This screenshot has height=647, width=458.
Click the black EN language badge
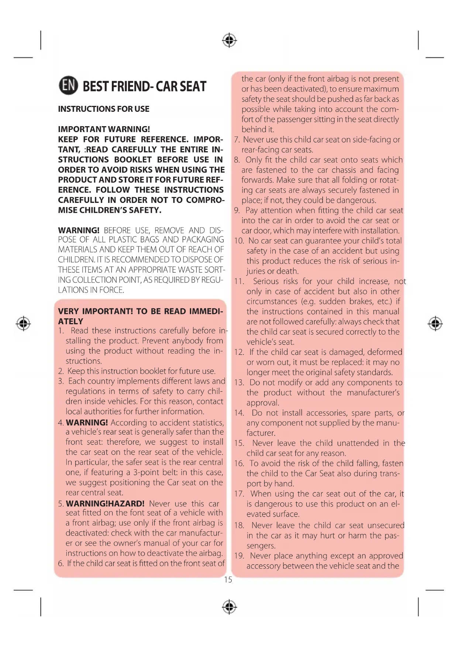(68, 86)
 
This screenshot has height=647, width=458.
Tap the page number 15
(228, 580)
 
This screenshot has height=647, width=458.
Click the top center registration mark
(229, 40)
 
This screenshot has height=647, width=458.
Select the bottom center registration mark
(229, 606)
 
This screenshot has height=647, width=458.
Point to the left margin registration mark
(24, 323)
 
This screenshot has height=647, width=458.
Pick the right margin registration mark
(435, 323)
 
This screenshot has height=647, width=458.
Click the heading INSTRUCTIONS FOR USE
(104, 109)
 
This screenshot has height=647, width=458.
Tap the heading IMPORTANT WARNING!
(104, 129)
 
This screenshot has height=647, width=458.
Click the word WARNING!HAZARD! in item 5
(105, 504)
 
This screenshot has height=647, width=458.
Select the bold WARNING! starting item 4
(87, 423)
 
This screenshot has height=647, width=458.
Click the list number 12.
(239, 352)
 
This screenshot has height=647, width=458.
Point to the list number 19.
(239, 556)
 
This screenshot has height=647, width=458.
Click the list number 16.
(239, 464)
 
